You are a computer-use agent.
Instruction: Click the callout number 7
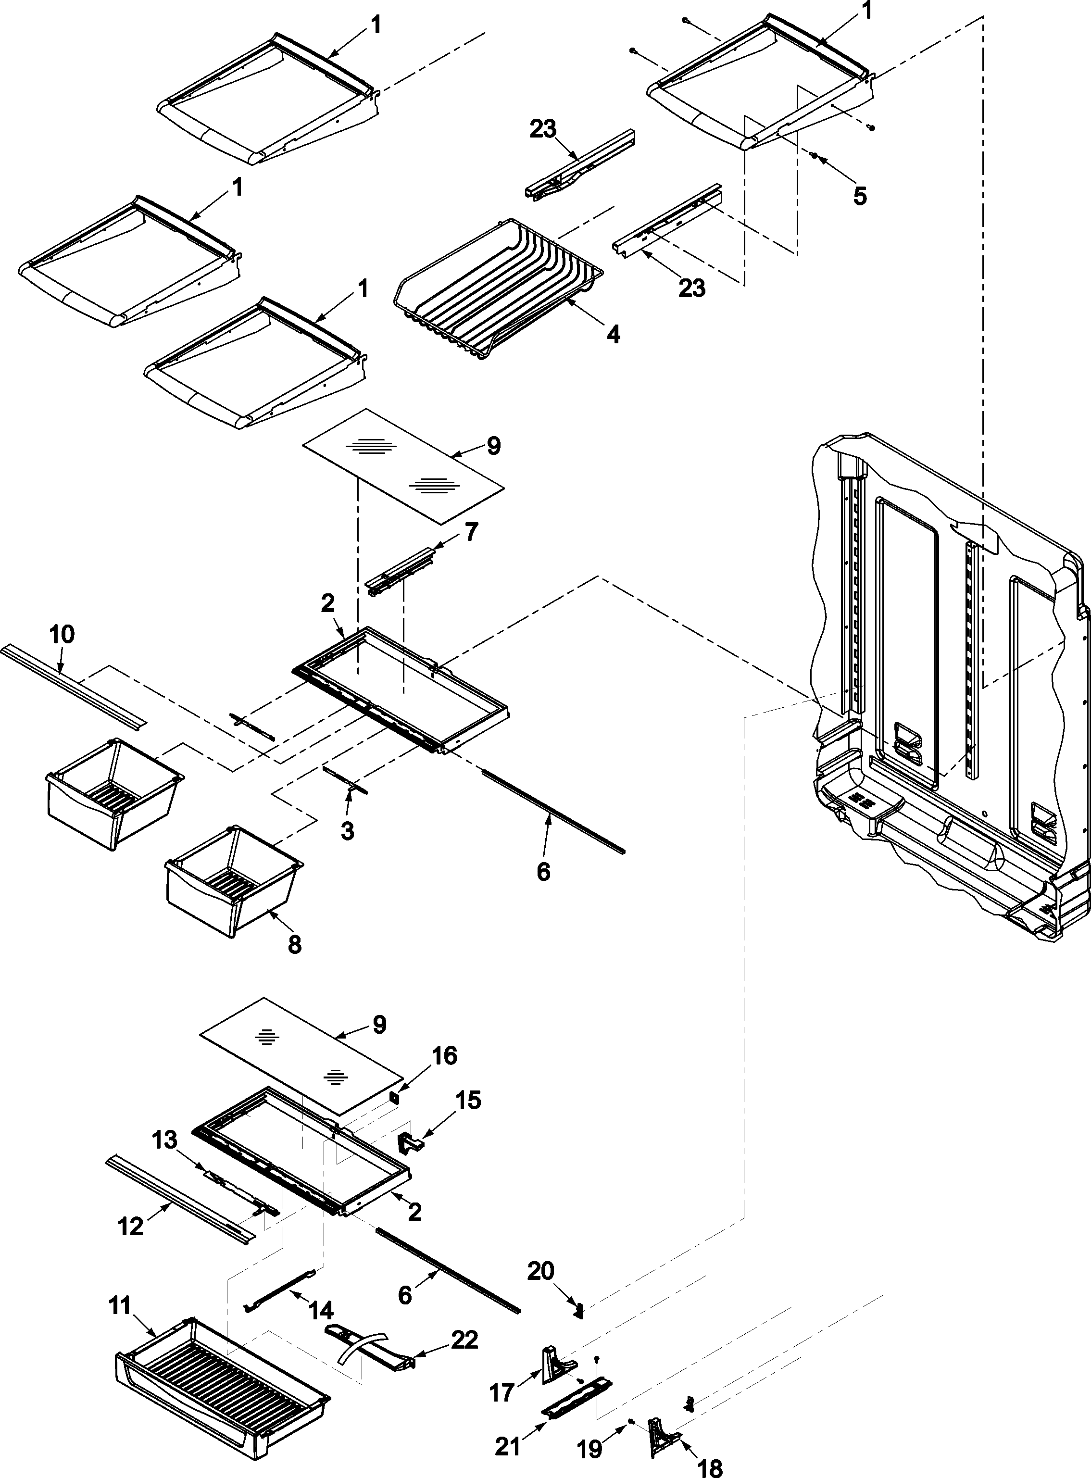click(471, 532)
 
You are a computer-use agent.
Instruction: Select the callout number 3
click(347, 830)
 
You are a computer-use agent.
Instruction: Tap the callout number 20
click(540, 1271)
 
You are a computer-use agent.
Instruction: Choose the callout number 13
click(164, 1140)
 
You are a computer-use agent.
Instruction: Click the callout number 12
click(130, 1227)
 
